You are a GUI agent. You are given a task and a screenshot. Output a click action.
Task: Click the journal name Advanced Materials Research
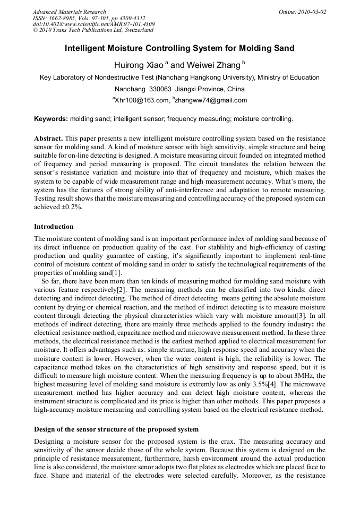(70, 12)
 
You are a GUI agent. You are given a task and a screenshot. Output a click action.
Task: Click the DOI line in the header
(93, 24)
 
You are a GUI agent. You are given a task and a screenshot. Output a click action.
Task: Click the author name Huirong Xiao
(138, 65)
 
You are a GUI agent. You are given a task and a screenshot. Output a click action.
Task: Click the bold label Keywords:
(51, 119)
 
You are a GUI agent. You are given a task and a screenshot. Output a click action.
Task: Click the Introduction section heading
(54, 227)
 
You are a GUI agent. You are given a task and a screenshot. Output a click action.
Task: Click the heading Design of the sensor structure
(116, 429)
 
